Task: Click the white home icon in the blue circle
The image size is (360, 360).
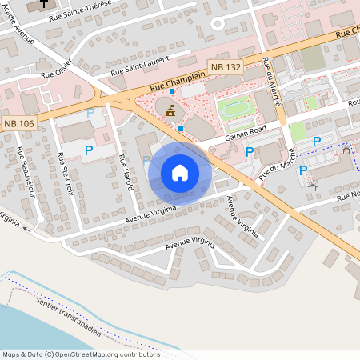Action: (180, 172)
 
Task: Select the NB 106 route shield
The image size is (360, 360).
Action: (18, 122)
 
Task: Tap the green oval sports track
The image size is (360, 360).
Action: (235, 108)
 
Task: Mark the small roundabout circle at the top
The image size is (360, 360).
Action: (217, 24)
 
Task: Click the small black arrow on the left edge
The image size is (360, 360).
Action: (26, 228)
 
